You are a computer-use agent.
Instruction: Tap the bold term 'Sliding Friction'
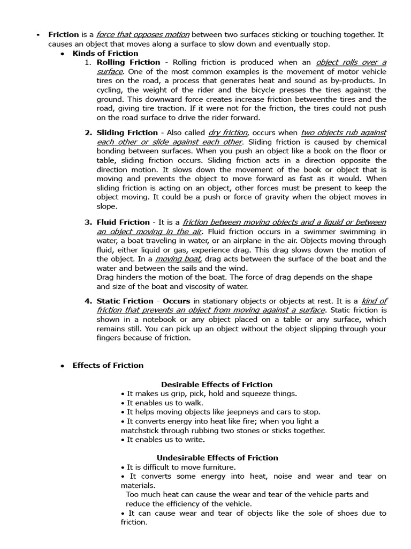coord(127,132)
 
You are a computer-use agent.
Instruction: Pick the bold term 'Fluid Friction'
coord(123,222)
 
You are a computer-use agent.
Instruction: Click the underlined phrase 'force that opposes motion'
coord(142,34)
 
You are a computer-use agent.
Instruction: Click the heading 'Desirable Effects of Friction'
coord(217,384)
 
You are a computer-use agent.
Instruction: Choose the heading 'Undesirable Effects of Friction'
coord(217,458)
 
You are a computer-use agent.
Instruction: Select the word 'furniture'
coord(218,467)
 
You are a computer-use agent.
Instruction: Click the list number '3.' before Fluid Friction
coord(88,222)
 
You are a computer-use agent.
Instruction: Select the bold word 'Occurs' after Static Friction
coord(176,301)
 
